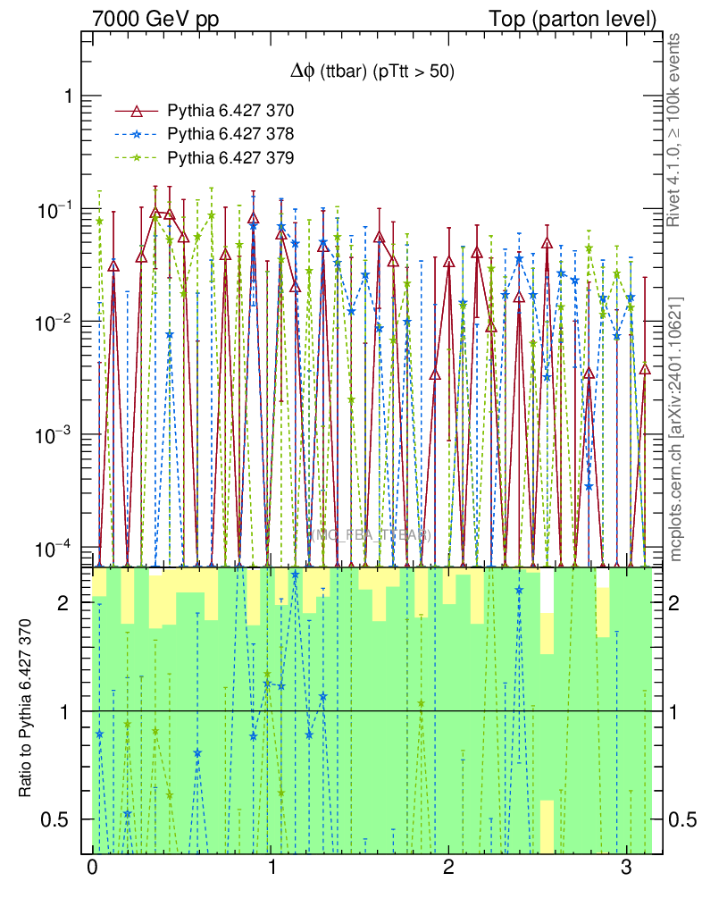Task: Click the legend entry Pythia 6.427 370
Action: click(x=230, y=111)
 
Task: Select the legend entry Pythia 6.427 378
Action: click(x=230, y=134)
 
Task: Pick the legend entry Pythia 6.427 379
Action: click(x=230, y=157)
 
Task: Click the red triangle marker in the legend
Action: click(x=137, y=111)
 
